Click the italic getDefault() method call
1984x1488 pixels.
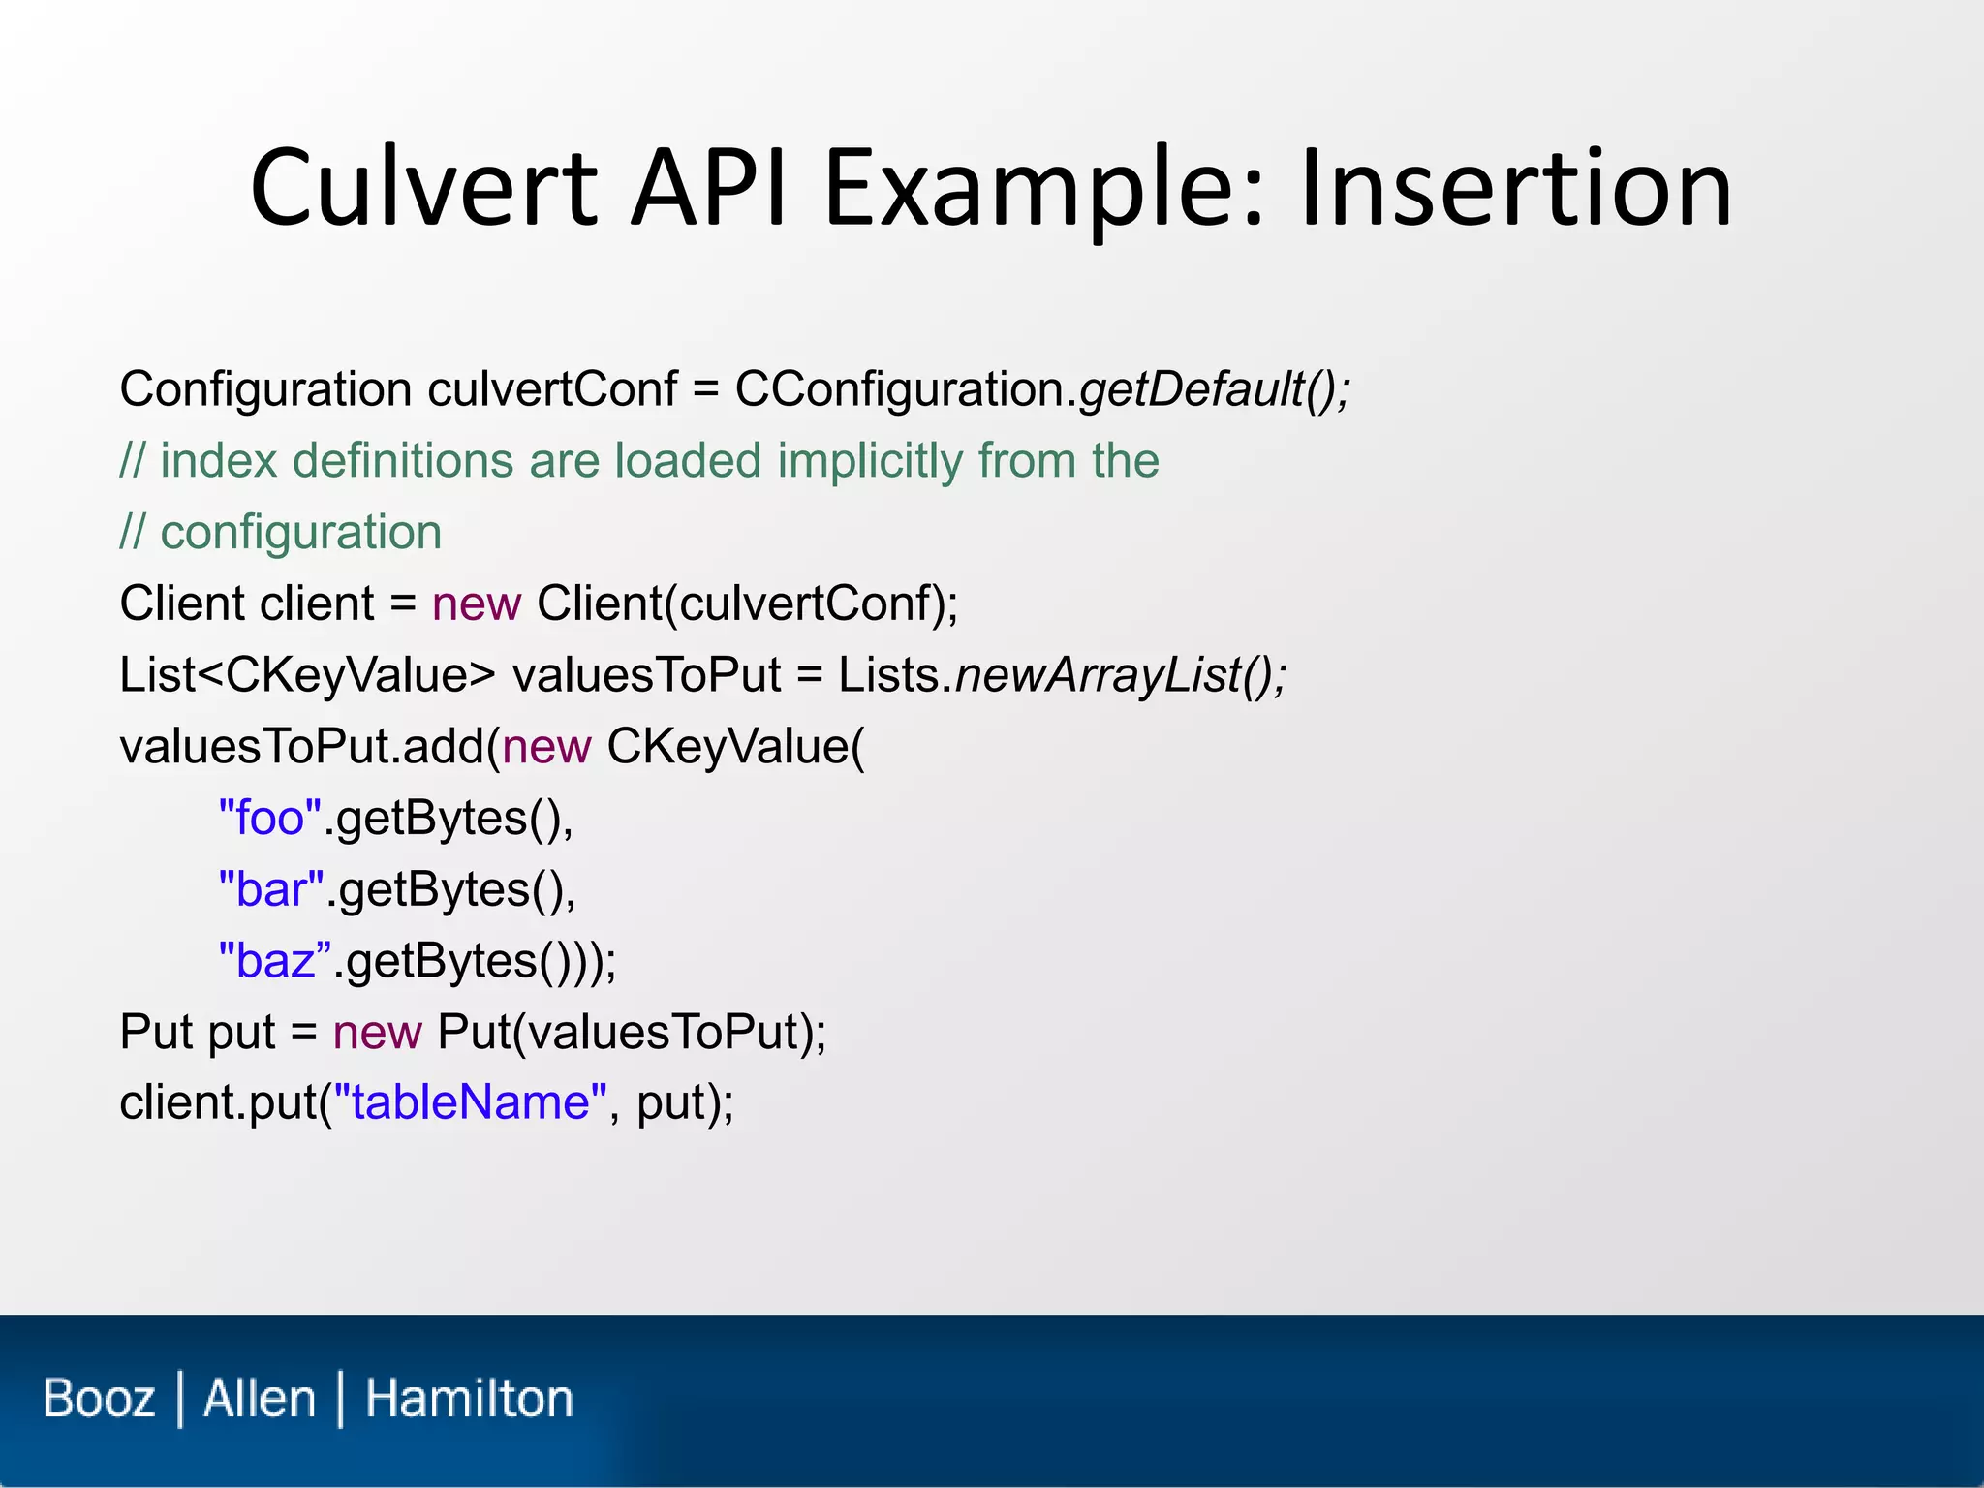1213,389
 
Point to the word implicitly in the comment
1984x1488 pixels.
869,461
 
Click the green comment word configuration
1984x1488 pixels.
300,533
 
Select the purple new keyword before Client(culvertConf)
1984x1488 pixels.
476,604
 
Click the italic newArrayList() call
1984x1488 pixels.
1120,675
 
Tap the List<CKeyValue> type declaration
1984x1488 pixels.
306,675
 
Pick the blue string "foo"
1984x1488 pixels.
269,819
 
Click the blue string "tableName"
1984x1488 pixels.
470,1103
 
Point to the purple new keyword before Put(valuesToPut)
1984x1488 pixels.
376,1033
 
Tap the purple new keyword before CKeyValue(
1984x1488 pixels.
545,747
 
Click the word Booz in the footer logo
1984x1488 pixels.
99,1399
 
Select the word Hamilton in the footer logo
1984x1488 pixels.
469,1399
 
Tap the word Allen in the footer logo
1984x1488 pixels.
260,1399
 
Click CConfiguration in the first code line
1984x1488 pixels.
900,389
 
